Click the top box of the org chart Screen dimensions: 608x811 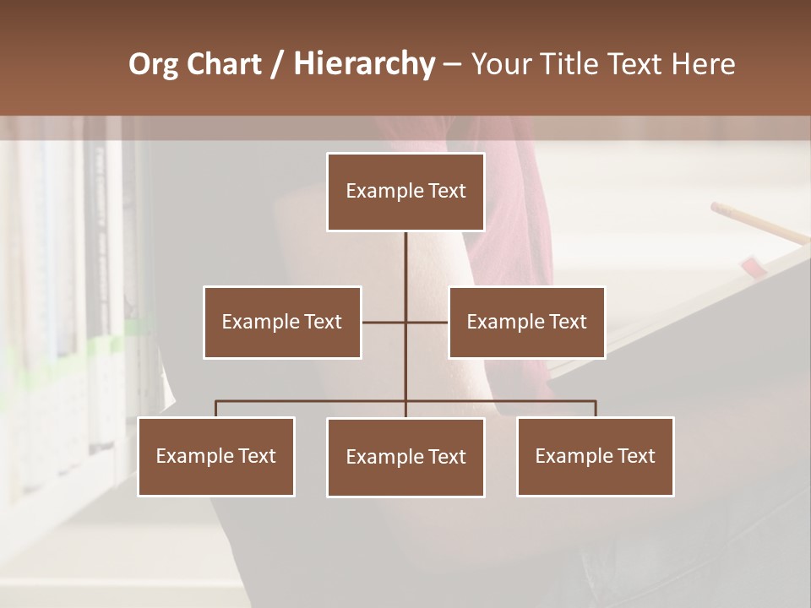pos(405,192)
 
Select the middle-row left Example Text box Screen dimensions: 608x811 pos(282,322)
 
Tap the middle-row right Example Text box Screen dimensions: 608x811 pos(526,322)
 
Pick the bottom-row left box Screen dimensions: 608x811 pos(216,456)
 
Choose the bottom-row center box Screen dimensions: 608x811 pos(405,457)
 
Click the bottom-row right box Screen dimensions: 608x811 pos(595,456)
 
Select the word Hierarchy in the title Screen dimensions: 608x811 pos(363,64)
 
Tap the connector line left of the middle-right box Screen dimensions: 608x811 pos(427,322)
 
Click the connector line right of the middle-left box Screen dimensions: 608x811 pos(383,322)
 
